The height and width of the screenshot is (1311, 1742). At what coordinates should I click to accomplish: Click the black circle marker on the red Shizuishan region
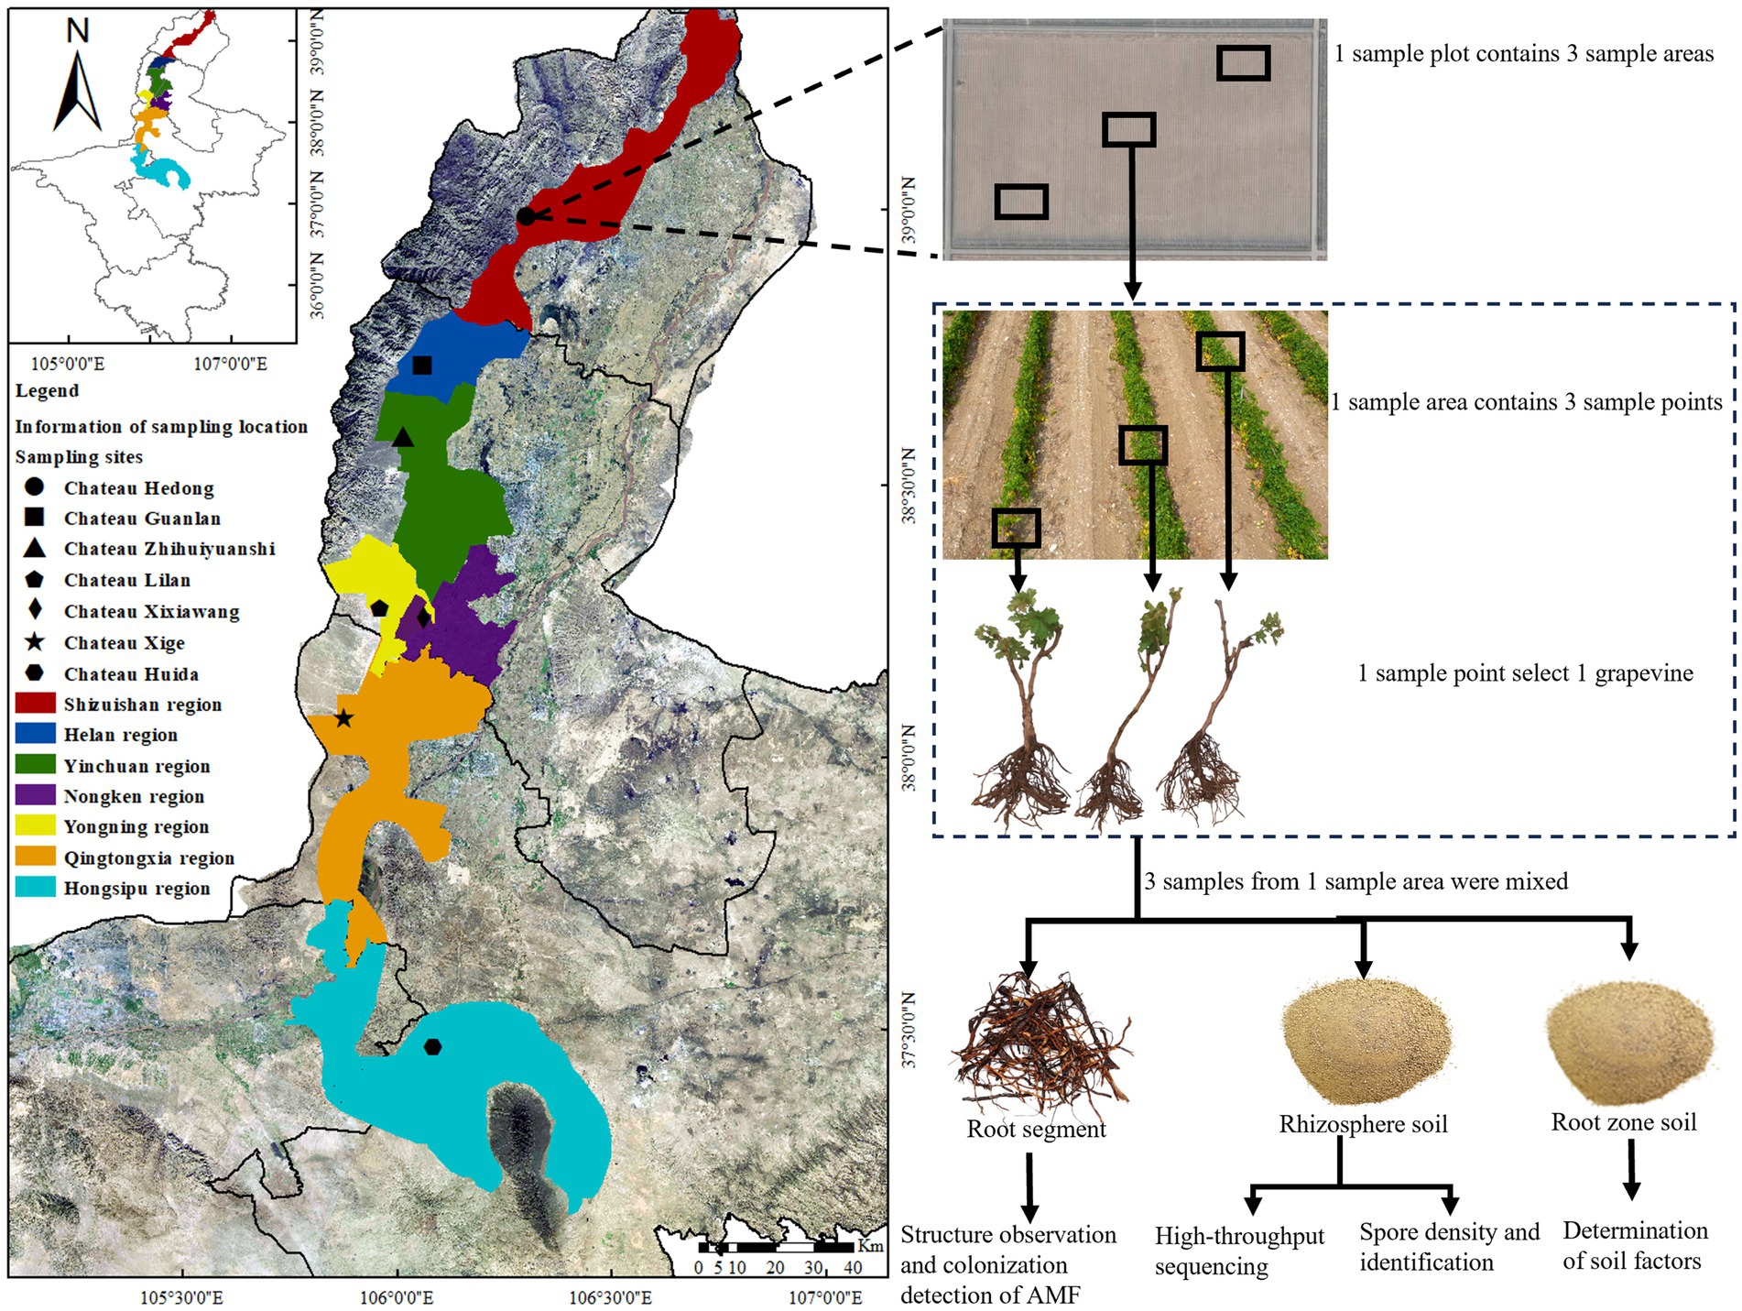point(526,216)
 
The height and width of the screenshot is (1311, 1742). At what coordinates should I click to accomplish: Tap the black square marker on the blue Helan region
point(422,366)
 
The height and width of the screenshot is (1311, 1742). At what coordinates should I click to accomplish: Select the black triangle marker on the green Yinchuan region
point(403,438)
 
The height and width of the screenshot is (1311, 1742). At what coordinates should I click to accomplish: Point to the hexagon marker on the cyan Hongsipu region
point(432,1046)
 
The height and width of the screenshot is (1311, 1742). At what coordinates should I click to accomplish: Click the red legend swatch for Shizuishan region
point(35,704)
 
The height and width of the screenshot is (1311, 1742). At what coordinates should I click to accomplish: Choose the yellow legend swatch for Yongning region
point(35,826)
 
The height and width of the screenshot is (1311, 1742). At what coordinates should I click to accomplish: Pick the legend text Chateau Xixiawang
point(151,612)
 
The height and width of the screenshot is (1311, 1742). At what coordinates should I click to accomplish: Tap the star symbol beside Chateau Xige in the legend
point(35,642)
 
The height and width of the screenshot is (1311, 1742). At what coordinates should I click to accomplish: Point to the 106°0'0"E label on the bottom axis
point(397,1297)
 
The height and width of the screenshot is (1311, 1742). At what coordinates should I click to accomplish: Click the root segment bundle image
point(1040,1044)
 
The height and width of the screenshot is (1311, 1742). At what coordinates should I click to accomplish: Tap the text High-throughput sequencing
point(1238,1251)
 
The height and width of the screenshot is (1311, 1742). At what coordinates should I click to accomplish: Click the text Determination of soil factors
point(1634,1246)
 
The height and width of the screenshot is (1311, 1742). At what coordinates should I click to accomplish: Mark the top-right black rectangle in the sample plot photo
point(1243,63)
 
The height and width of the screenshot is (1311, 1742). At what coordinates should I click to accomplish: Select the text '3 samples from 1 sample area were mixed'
point(1355,881)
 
